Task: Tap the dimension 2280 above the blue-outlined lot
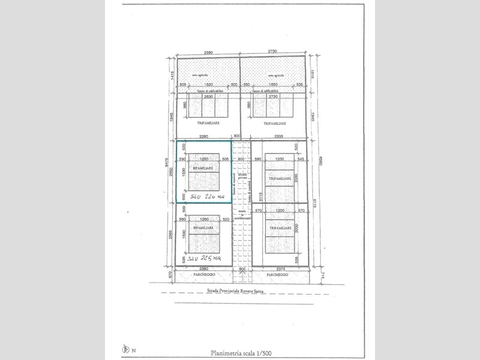coord(203,136)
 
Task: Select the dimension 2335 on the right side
coord(278,136)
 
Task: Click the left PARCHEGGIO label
coord(204,275)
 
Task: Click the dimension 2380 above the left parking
coord(204,269)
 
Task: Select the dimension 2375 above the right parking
coord(278,269)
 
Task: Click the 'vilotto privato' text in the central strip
coord(242,174)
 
